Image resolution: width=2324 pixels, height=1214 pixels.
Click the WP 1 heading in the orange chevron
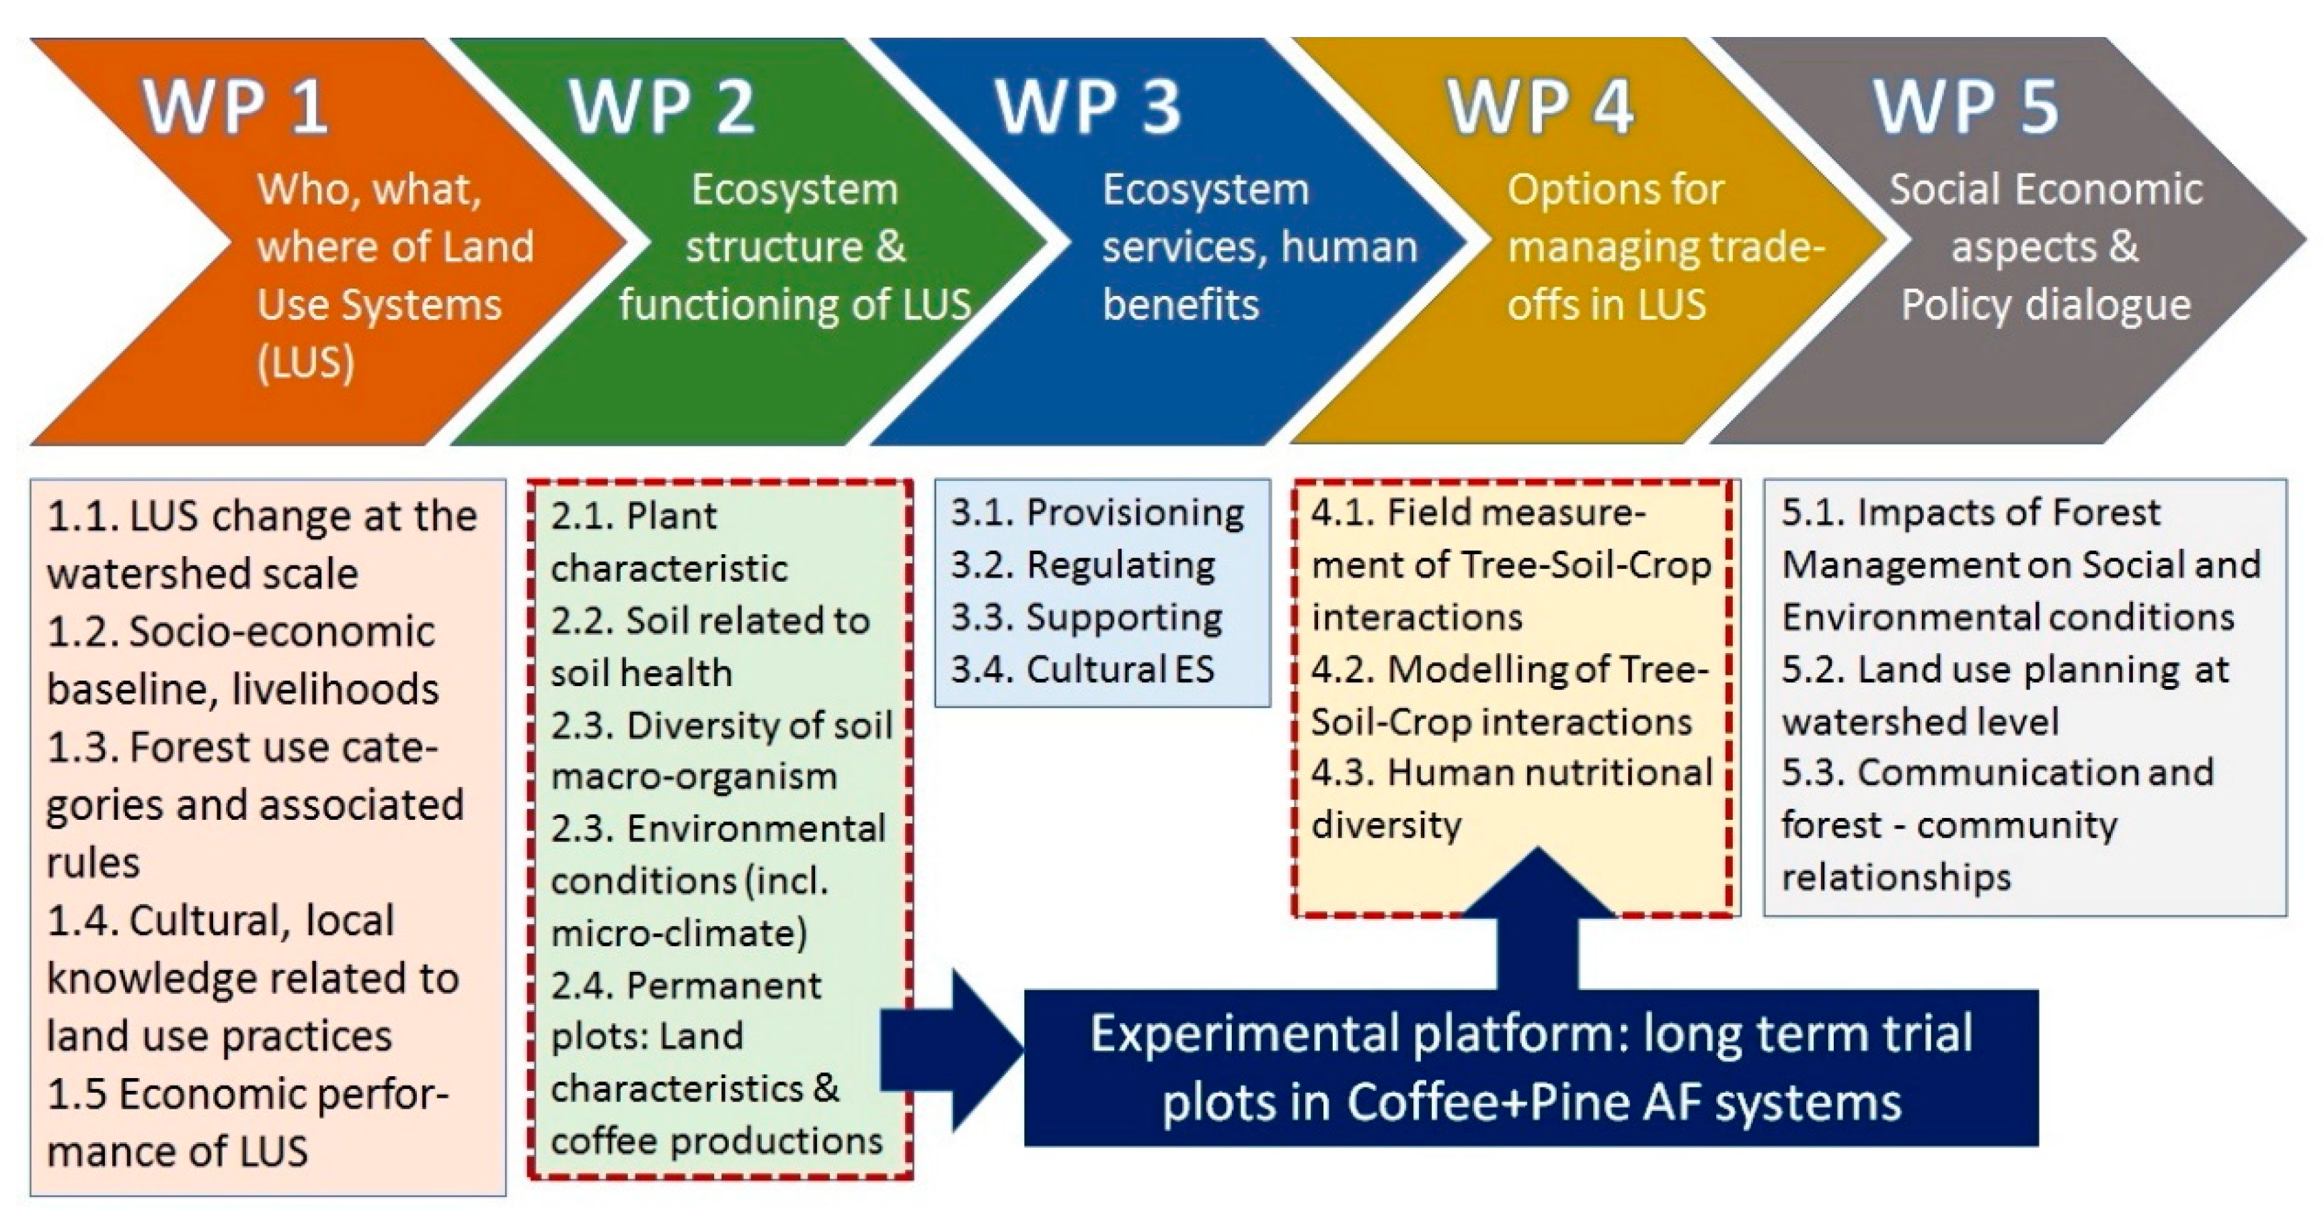point(235,106)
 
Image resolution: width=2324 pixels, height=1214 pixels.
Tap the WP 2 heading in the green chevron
point(661,106)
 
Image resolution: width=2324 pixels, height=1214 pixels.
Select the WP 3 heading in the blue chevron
point(1088,106)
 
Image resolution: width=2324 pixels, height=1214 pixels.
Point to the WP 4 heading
point(1540,106)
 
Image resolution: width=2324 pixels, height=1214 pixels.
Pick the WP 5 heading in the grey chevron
point(1967,106)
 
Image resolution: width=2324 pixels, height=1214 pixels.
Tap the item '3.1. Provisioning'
point(1097,513)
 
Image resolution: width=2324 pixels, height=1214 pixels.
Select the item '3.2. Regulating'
point(1083,565)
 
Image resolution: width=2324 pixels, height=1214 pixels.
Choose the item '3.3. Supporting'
point(1086,617)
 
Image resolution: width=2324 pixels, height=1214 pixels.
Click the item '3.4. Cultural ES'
point(1083,669)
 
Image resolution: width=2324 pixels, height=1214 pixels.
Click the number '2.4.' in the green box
point(581,985)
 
